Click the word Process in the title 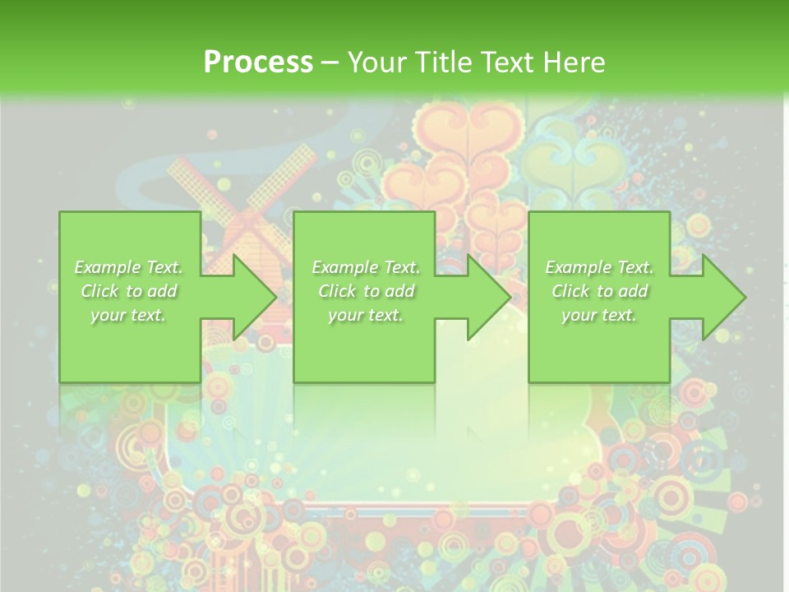coord(258,62)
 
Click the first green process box coord(130,345)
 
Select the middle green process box coord(364,345)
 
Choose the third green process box coord(598,345)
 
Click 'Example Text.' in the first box coord(128,267)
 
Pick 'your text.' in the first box coord(128,315)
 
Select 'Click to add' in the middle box coord(366,291)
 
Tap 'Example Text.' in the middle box coord(366,267)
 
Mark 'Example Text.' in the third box coord(599,267)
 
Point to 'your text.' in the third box coord(599,315)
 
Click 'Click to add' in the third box coord(599,291)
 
